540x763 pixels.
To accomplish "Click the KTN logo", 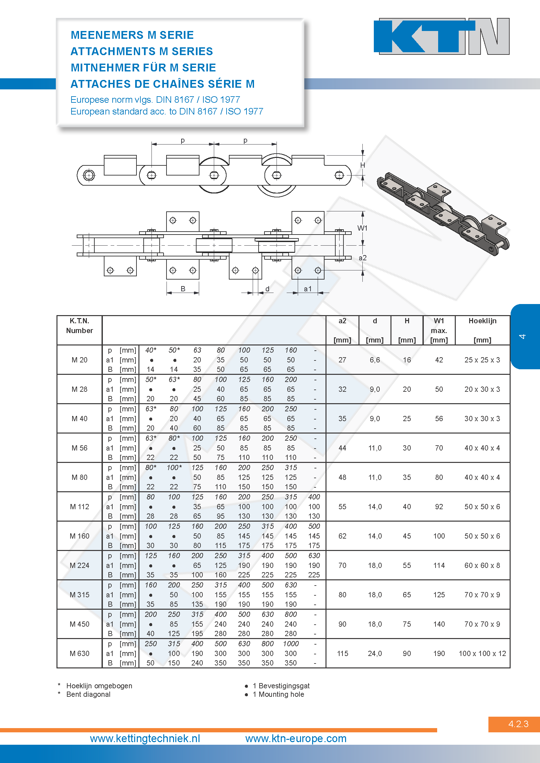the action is pyautogui.click(x=442, y=36).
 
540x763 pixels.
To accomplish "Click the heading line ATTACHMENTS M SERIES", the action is pyautogui.click(x=142, y=51).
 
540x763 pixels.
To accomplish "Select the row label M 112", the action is pyautogui.click(x=79, y=507).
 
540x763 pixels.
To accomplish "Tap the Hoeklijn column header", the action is pyautogui.click(x=482, y=321).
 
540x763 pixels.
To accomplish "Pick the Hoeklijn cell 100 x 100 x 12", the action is pyautogui.click(x=482, y=653).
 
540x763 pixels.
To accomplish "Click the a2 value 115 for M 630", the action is pyautogui.click(x=342, y=653).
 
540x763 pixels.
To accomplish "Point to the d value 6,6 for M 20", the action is pyautogui.click(x=375, y=360).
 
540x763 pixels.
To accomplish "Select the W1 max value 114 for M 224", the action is pyautogui.click(x=439, y=565).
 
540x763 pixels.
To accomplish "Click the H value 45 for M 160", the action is pyautogui.click(x=407, y=536).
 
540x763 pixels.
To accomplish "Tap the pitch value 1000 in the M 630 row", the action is pyautogui.click(x=291, y=644).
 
